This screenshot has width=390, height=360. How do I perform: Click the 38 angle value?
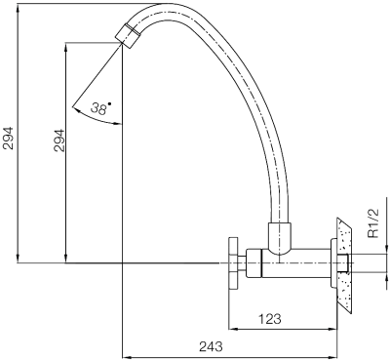[98, 108]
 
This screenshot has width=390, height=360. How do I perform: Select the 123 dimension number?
[270, 319]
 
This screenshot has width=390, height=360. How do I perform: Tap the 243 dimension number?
[211, 346]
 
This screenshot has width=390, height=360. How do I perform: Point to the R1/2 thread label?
[374, 223]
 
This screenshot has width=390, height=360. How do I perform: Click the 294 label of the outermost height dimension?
[8, 138]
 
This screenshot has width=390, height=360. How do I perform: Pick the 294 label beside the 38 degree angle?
[58, 141]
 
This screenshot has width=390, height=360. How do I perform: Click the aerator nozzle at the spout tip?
[128, 36]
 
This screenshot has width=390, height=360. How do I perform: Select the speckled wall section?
[345, 265]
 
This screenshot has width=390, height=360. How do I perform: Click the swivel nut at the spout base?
[279, 238]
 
